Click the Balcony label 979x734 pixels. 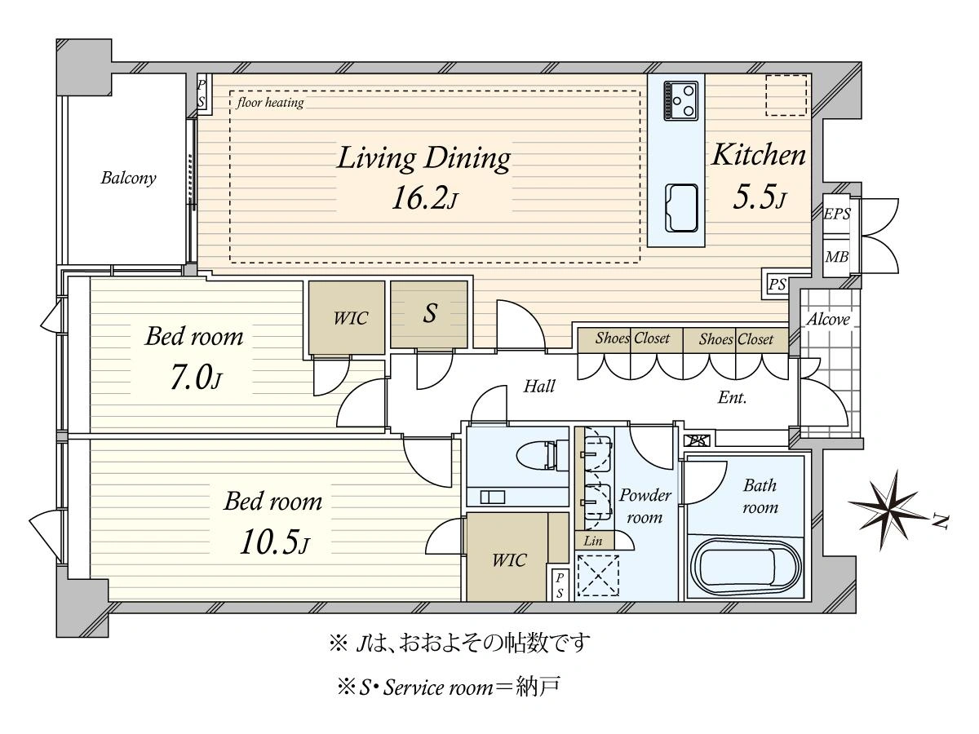[128, 178]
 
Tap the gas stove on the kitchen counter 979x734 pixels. [680, 100]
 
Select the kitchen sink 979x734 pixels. [681, 208]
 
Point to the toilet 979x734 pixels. [542, 455]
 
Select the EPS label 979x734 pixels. [837, 214]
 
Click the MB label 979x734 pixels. [837, 257]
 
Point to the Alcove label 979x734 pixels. [828, 319]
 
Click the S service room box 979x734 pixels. [429, 314]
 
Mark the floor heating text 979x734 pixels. [270, 103]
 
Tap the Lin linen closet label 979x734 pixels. [593, 541]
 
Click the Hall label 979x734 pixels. [539, 386]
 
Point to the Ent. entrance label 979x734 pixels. [732, 396]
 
